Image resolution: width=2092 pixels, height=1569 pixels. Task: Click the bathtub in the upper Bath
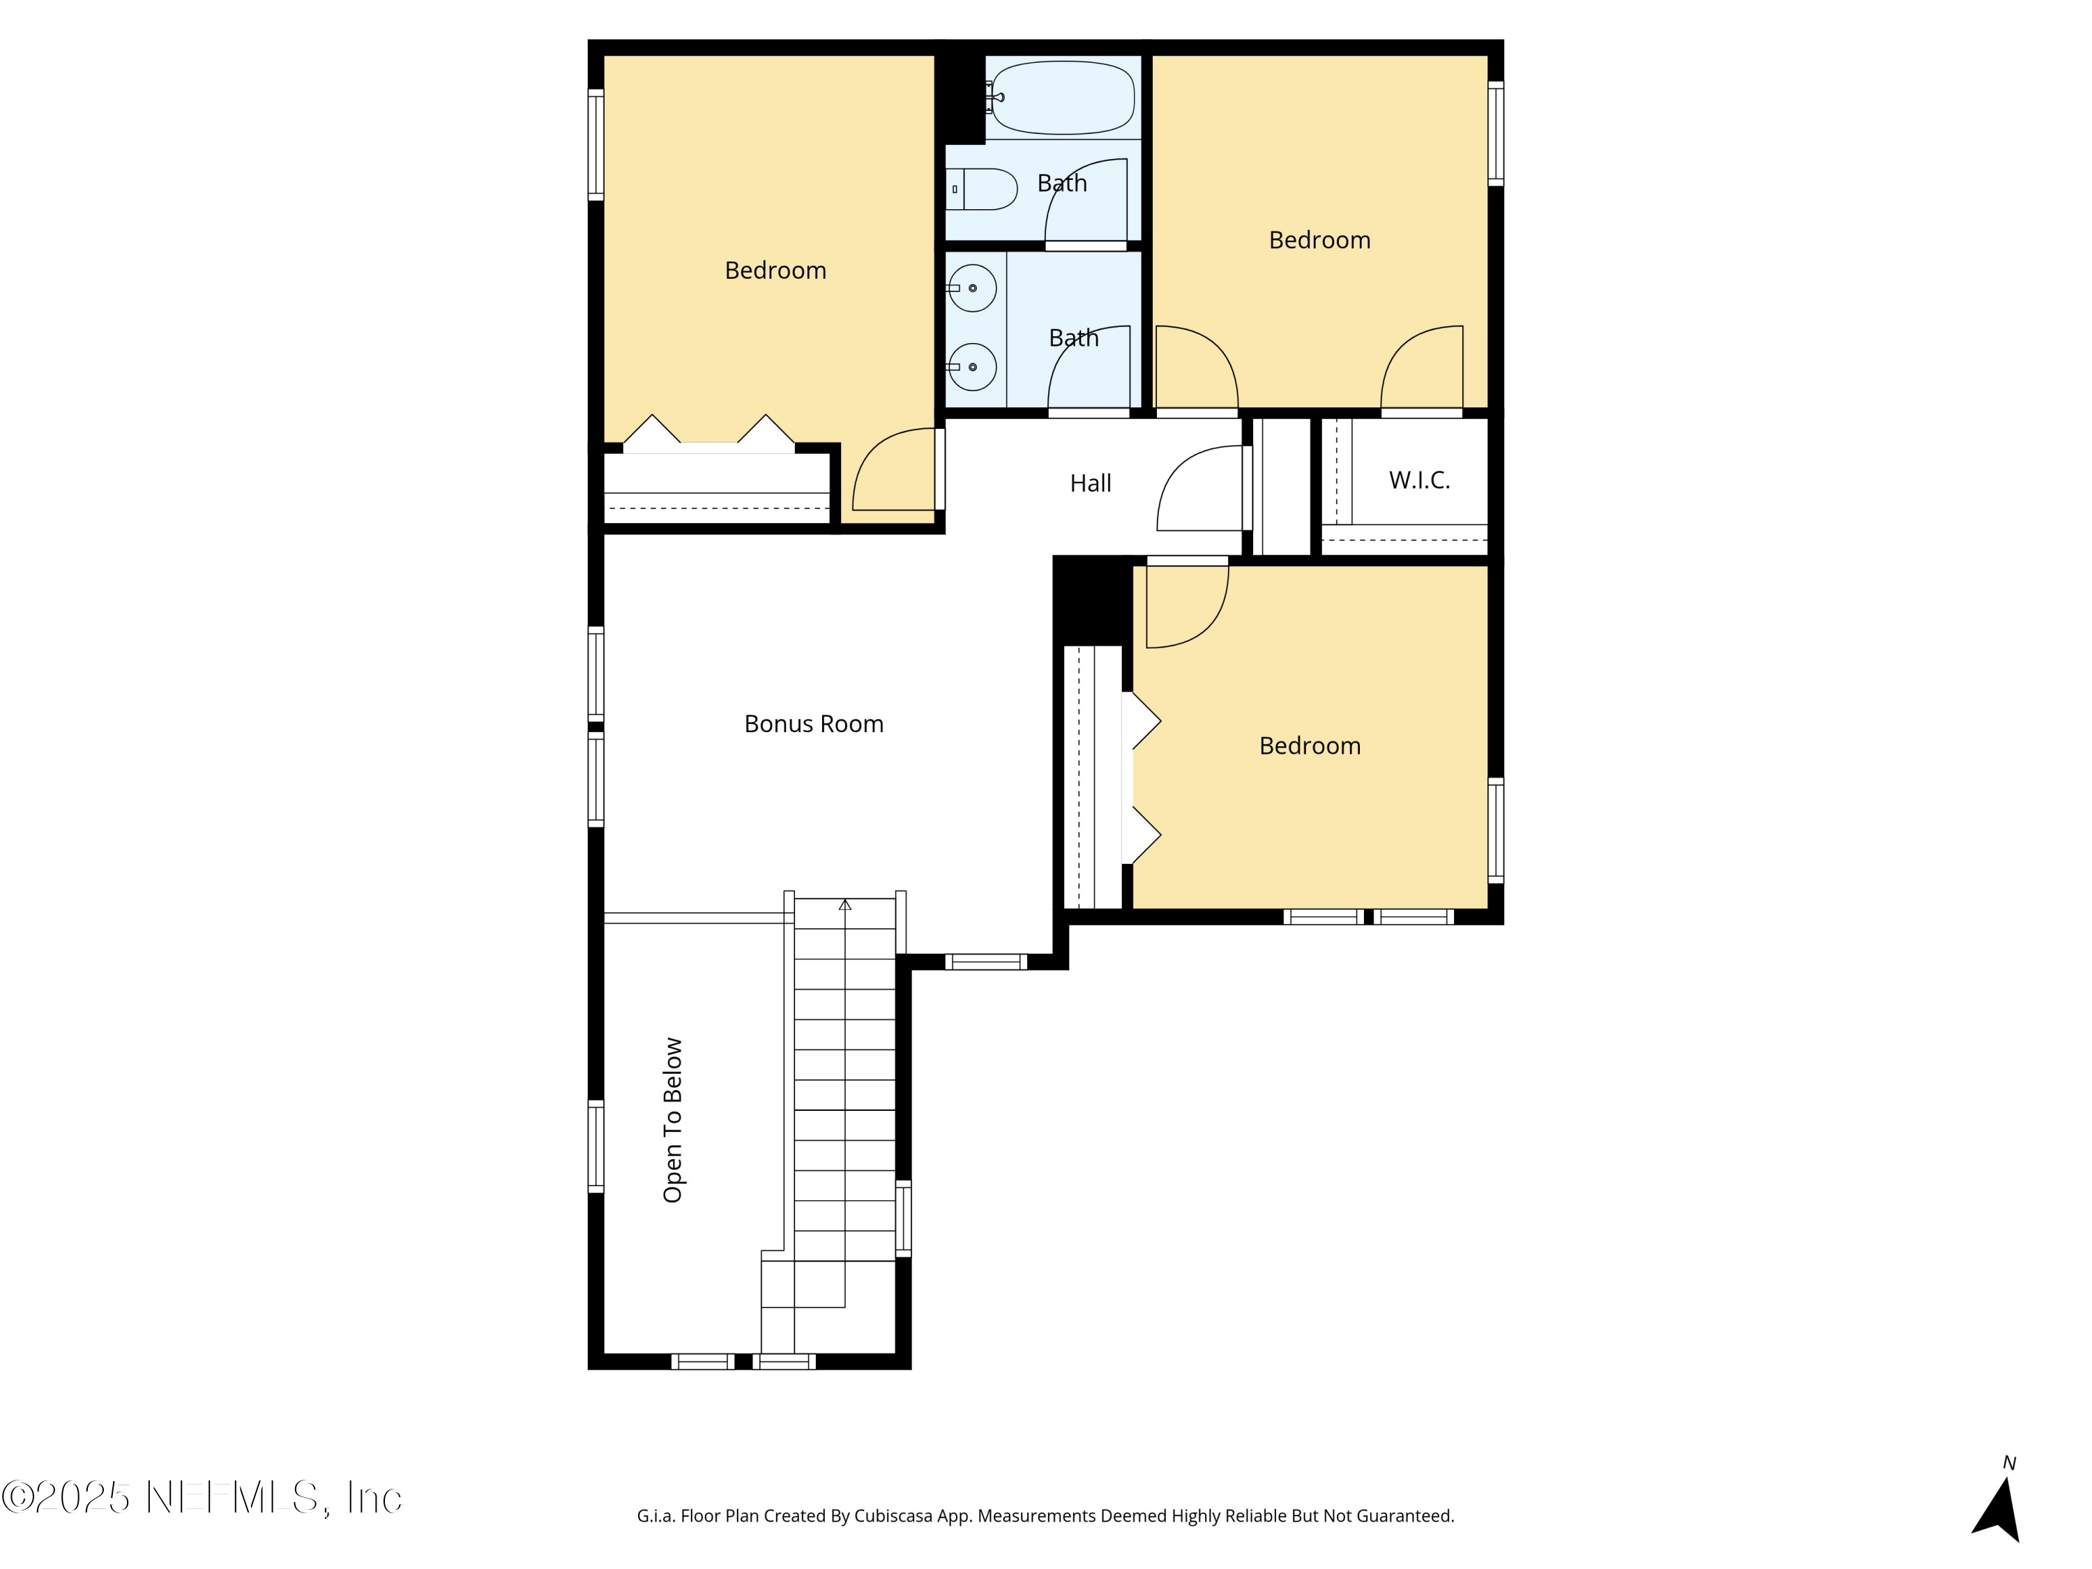1062,98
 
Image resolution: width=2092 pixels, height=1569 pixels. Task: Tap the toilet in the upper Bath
982,189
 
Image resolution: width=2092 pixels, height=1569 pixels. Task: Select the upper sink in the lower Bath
972,287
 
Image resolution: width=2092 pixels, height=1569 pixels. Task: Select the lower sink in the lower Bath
972,367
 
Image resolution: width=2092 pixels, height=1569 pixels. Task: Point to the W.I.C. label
1418,480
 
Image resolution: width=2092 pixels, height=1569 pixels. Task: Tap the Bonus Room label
813,724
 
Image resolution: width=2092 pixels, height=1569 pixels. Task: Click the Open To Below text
672,1120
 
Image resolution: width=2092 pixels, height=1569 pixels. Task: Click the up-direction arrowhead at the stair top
844,905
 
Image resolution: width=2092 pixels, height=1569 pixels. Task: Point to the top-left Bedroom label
775,271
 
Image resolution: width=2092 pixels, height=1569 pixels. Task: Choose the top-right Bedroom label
1319,240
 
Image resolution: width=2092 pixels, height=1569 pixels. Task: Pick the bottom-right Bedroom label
1310,746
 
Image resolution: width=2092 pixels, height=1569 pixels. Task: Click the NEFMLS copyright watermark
202,1497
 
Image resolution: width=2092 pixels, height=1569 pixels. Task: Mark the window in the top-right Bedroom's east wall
1495,132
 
